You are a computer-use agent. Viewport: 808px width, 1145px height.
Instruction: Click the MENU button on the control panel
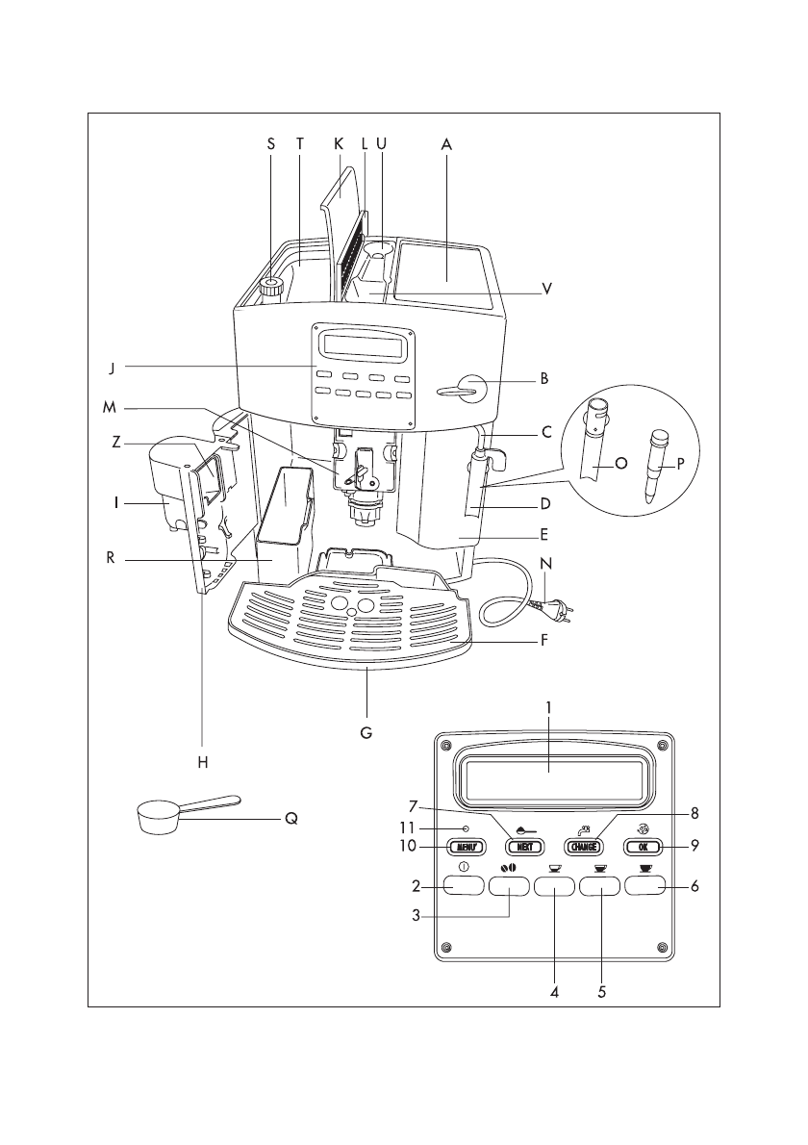click(466, 847)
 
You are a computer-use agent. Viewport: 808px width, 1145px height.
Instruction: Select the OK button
click(643, 847)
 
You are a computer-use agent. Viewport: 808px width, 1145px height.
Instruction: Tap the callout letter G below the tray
click(366, 731)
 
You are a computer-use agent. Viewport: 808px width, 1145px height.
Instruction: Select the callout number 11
click(406, 828)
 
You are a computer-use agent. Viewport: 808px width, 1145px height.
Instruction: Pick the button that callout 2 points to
click(465, 886)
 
